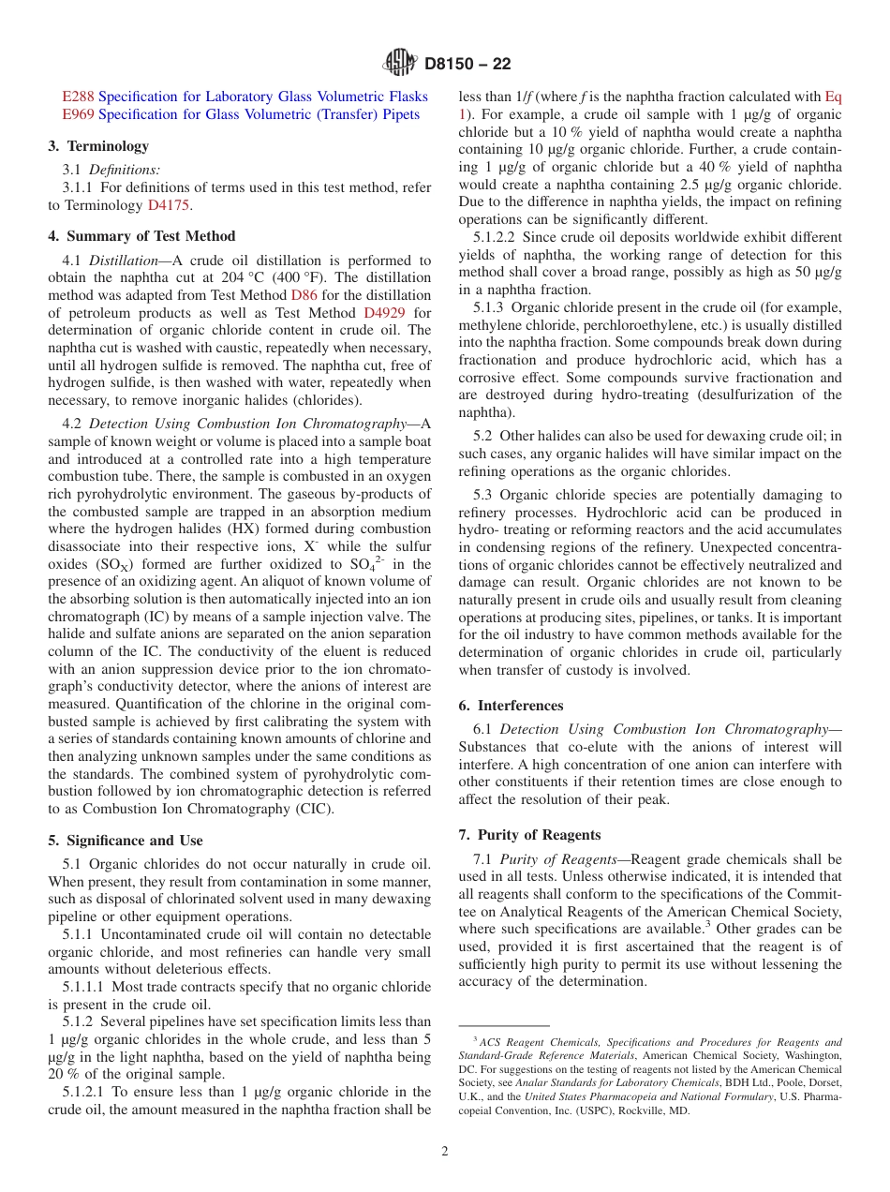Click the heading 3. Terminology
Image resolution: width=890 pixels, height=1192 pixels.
pos(98,146)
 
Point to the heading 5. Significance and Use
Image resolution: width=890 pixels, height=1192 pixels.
pos(126,841)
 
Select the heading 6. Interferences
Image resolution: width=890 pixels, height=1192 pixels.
pos(511,706)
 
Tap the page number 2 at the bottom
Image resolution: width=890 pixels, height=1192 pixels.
pos(445,1151)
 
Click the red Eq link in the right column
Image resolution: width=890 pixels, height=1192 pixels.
pos(833,97)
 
